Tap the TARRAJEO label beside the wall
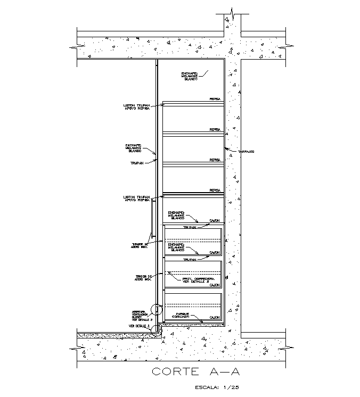[x=246, y=152]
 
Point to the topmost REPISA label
[x=215, y=100]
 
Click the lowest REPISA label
[x=215, y=190]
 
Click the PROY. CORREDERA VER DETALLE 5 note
[x=198, y=280]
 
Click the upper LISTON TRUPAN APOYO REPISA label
[x=136, y=107]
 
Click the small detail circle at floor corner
[x=157, y=329]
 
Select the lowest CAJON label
[x=215, y=318]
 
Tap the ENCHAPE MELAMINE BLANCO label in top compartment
[x=190, y=76]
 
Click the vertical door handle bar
[x=153, y=218]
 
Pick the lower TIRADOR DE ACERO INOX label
[x=144, y=278]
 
